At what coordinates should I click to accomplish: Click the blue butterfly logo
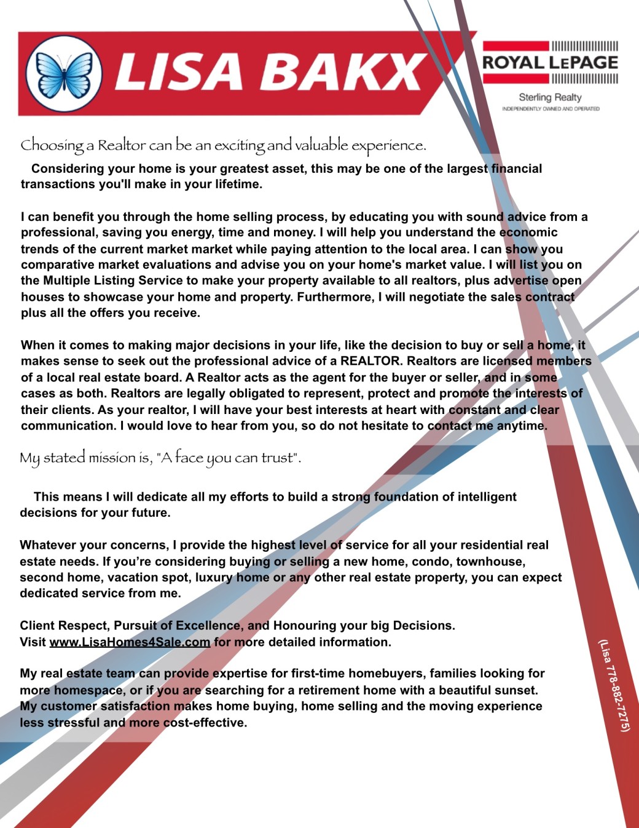pyautogui.click(x=64, y=74)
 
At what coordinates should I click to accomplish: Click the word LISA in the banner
pyautogui.click(x=179, y=71)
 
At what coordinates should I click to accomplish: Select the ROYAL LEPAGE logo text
pyautogui.click(x=550, y=63)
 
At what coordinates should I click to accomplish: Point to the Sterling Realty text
pyautogui.click(x=550, y=97)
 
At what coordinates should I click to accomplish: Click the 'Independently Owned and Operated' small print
pyautogui.click(x=551, y=109)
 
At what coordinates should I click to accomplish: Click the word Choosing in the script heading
pyautogui.click(x=52, y=146)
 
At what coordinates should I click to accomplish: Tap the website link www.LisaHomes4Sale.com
pyautogui.click(x=130, y=642)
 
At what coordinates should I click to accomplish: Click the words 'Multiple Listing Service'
pyautogui.click(x=113, y=281)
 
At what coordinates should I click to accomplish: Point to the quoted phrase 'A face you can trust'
pyautogui.click(x=227, y=458)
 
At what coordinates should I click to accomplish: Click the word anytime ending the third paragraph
pyautogui.click(x=522, y=426)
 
